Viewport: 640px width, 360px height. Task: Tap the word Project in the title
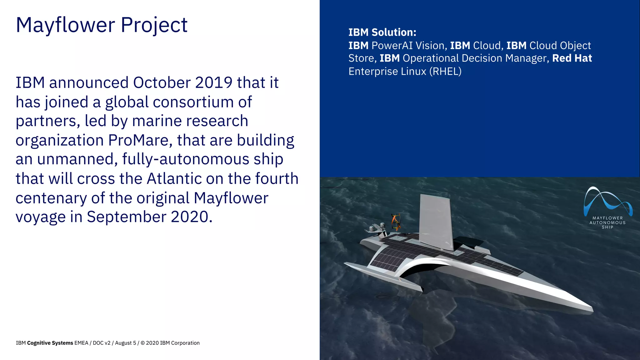(154, 25)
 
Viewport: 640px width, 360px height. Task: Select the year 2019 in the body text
(214, 83)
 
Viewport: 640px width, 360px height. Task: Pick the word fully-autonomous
(186, 159)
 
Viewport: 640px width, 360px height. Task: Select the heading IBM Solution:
(382, 32)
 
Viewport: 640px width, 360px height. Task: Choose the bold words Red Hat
(572, 58)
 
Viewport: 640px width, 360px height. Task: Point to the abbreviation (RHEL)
(445, 72)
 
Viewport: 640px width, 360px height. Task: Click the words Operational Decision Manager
(475, 58)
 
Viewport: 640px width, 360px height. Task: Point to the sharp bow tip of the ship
(592, 307)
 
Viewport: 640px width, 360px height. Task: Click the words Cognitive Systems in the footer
(50, 343)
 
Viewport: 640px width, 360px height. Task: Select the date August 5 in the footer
(125, 343)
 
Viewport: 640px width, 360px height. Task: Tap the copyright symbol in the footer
(142, 343)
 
